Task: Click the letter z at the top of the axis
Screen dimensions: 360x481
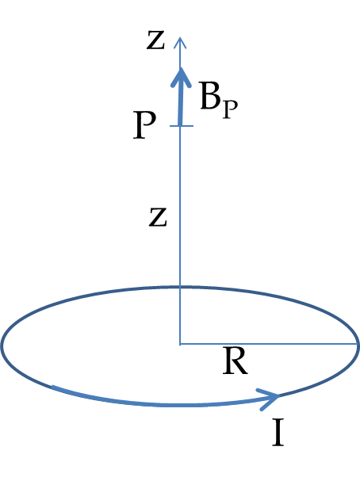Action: (x=156, y=40)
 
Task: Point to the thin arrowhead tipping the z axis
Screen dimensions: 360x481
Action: (x=180, y=42)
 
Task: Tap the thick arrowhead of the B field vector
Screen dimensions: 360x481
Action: (x=181, y=78)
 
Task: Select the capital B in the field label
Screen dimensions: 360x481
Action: (x=210, y=96)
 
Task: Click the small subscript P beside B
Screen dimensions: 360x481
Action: (x=231, y=109)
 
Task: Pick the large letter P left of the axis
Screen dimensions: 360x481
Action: (x=144, y=125)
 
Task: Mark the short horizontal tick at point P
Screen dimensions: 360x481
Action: (x=182, y=126)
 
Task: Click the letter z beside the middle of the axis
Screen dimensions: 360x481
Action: (x=158, y=217)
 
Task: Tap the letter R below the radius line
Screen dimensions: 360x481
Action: (x=235, y=361)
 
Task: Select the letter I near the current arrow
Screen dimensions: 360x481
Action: (x=278, y=433)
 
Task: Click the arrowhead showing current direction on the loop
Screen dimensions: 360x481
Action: (x=268, y=399)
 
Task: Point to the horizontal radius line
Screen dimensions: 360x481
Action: (x=269, y=344)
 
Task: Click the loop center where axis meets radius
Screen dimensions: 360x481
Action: (x=180, y=344)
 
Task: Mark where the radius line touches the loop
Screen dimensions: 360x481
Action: (x=358, y=344)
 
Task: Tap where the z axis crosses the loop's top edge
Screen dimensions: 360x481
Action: (x=180, y=287)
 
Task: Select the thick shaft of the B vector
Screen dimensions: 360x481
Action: (x=181, y=101)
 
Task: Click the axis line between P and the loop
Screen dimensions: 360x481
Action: (x=180, y=207)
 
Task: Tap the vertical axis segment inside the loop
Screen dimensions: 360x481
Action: (x=180, y=315)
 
